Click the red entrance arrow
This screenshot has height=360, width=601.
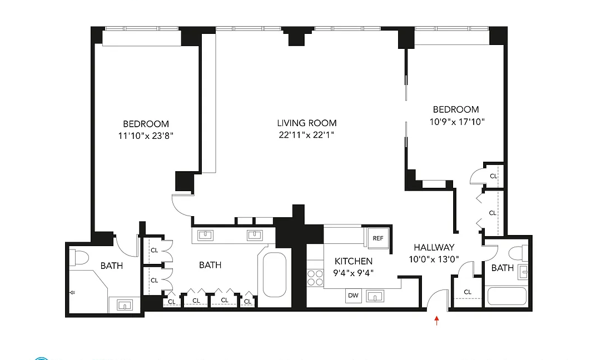coord(436,320)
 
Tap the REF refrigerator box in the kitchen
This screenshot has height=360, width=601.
coord(378,238)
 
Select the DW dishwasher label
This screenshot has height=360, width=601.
coord(353,296)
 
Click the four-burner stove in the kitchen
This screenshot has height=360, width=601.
coord(315,277)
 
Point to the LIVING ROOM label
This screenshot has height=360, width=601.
coord(307,123)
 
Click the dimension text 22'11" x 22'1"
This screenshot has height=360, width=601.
coord(307,135)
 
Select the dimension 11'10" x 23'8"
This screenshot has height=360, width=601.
coord(146,136)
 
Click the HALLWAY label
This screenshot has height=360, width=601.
coord(434,248)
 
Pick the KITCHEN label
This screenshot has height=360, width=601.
coord(353,261)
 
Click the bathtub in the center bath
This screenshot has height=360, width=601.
coord(274,275)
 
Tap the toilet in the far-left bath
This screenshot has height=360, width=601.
coord(78,258)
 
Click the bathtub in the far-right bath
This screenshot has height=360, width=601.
coord(506,296)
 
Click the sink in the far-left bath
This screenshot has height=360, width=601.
coord(123,304)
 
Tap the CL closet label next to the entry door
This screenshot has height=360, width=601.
coord(468,292)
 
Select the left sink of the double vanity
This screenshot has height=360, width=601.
coord(206,235)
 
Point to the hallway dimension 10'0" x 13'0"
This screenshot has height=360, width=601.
coord(434,259)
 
